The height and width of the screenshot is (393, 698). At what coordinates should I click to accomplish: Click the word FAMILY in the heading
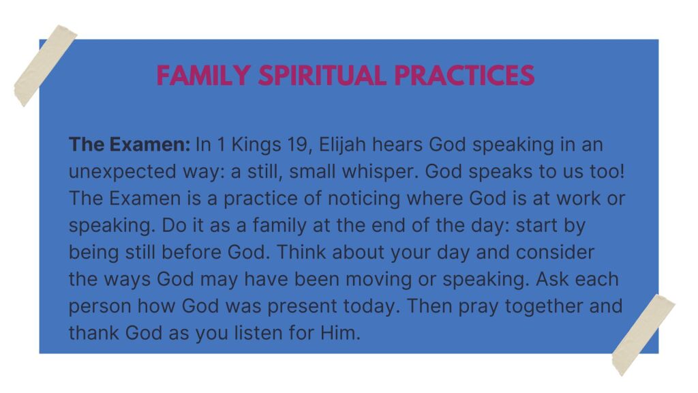203,75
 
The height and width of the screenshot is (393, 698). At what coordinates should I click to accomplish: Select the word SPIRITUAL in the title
322,75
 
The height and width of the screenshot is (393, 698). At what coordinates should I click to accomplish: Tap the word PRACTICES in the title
464,75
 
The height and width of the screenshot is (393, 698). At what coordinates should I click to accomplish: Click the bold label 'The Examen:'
130,145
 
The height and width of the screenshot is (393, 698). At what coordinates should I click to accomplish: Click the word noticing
364,199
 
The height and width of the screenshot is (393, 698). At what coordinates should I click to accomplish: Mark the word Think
301,252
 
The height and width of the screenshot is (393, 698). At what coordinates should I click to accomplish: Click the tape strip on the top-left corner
45,65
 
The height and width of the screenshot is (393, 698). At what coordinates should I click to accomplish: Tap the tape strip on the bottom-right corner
643,335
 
